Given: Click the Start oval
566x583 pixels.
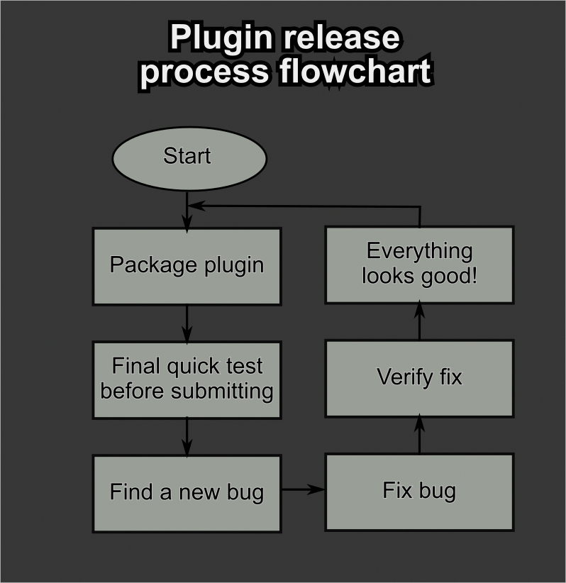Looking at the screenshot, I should (x=189, y=158).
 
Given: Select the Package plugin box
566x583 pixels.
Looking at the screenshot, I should (x=187, y=266).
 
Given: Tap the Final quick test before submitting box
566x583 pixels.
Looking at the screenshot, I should (x=187, y=379).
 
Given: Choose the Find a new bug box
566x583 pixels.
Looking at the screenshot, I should (x=187, y=492).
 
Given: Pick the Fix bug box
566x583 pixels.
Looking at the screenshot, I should (x=419, y=491).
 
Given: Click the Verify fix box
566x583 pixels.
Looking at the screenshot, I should (x=419, y=377).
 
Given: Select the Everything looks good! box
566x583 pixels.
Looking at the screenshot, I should (x=419, y=264).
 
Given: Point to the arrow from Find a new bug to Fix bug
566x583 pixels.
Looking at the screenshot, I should (x=303, y=489).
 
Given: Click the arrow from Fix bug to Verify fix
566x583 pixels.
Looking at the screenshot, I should (x=419, y=435).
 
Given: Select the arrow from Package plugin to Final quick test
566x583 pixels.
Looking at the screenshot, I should (x=187, y=323).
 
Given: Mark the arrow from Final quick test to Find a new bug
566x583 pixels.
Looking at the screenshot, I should (x=187, y=436).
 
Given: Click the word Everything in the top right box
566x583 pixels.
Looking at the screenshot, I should (x=419, y=251).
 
